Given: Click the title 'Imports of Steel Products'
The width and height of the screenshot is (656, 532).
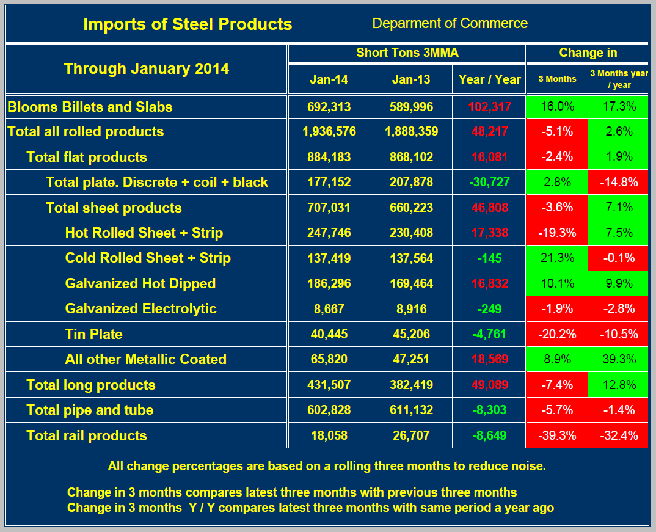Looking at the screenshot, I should point(188,24).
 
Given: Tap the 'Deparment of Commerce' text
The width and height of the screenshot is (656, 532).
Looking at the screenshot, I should point(450,23).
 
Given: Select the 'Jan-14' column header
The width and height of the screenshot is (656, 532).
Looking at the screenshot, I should point(329,79).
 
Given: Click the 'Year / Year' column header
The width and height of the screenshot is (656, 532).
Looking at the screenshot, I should point(489,79).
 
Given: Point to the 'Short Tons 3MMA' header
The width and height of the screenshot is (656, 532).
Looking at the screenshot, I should point(407,53).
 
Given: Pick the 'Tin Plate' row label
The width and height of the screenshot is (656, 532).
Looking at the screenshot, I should point(93,334).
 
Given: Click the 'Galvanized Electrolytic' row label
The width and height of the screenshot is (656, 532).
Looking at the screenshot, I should point(140,308).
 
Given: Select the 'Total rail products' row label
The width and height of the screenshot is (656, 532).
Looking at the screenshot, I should point(86,435).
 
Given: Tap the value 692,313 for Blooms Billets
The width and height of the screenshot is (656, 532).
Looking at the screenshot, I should point(329,107).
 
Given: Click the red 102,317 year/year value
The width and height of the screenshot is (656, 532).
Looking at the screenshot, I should point(489,107).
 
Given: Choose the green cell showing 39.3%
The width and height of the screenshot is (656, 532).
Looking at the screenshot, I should point(619,359).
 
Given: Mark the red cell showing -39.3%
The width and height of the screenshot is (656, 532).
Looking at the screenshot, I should point(557,435).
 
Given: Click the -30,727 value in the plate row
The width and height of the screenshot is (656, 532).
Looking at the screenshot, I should point(489,182).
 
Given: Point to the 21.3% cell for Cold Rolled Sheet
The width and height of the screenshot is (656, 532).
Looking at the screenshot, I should point(557,258).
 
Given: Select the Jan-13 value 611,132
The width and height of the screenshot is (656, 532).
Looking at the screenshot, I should point(411,410).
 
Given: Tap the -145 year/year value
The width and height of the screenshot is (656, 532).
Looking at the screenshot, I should point(489,258).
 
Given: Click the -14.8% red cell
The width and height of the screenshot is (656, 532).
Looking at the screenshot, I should point(619,182).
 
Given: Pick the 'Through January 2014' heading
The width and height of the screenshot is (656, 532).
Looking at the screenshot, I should point(147,68).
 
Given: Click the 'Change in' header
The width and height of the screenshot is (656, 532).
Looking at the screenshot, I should point(588,53).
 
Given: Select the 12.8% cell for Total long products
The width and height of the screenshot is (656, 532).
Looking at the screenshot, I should point(619,385).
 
